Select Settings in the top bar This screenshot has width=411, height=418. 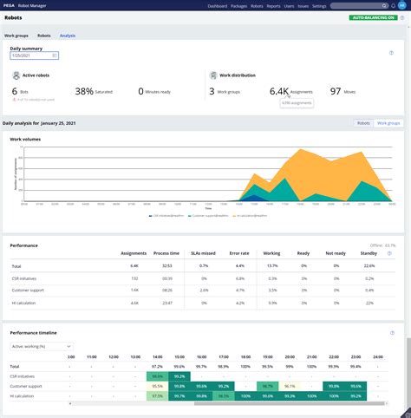[319, 5]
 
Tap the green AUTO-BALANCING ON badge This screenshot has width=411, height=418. [372, 17]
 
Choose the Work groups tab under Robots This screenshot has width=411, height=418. [16, 36]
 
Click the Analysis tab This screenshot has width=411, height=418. [68, 36]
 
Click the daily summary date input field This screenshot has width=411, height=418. [33, 56]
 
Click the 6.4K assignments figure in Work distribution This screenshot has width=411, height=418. [278, 90]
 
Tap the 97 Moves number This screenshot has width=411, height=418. [338, 90]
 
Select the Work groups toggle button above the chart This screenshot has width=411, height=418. [388, 123]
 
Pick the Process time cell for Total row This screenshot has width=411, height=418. [167, 265]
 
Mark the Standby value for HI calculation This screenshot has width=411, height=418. [369, 303]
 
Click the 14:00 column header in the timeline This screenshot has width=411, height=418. [156, 356]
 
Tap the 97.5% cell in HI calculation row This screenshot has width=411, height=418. [157, 395]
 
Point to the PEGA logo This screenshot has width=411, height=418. [11, 5]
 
